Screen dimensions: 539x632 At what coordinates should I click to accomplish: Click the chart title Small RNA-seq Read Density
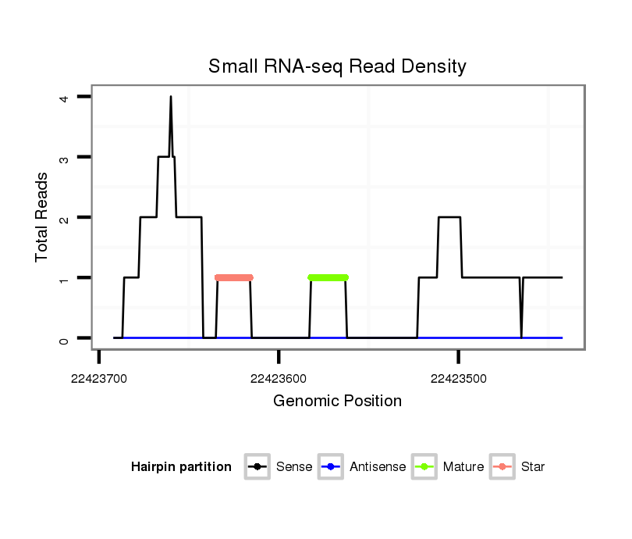click(x=337, y=66)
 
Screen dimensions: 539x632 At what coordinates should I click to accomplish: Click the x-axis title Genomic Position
click(x=337, y=402)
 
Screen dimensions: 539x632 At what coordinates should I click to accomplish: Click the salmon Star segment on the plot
click(x=234, y=277)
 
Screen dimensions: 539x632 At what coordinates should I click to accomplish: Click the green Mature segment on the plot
click(x=328, y=277)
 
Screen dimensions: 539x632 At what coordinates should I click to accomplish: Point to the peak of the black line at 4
click(x=170, y=97)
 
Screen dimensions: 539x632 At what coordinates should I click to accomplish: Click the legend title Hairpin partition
click(x=181, y=467)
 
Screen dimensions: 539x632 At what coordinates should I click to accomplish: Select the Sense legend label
click(x=294, y=467)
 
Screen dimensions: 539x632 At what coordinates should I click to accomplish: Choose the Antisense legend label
click(x=378, y=467)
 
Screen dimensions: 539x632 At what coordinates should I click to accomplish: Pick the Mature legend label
click(x=463, y=467)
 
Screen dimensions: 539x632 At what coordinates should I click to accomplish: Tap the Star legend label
click(x=533, y=467)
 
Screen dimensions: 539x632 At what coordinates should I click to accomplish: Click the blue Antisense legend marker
click(x=331, y=467)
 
